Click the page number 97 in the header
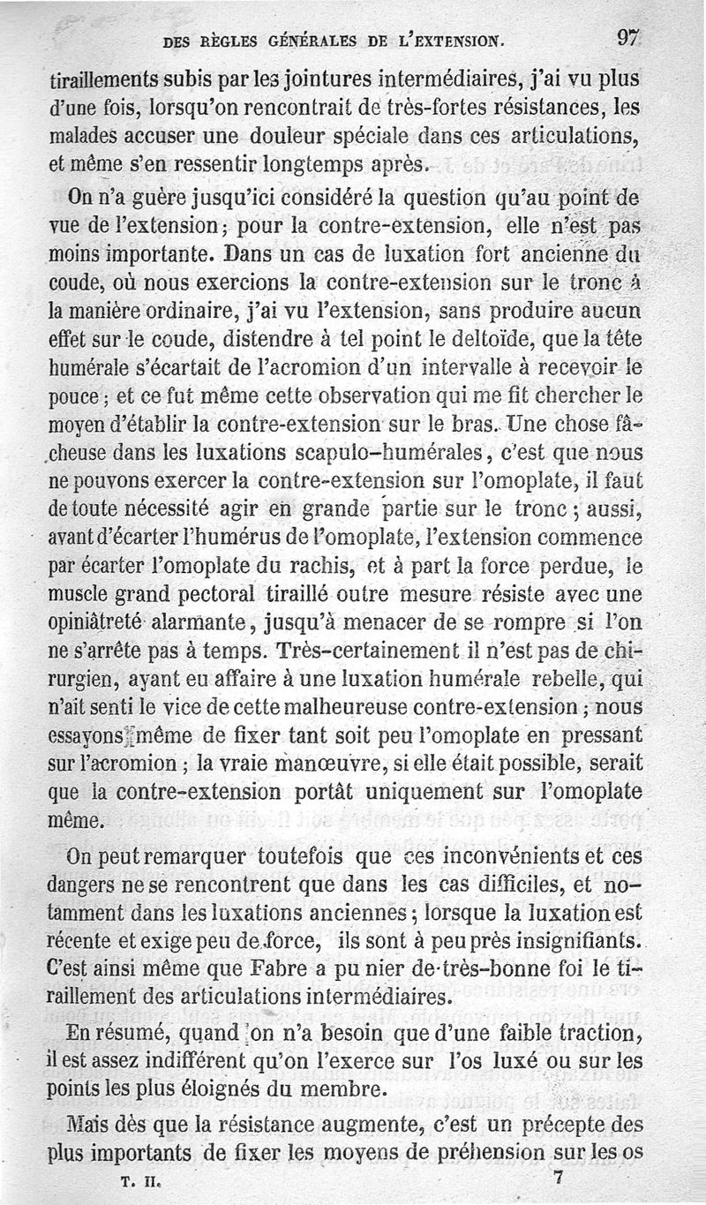tap(628, 38)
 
